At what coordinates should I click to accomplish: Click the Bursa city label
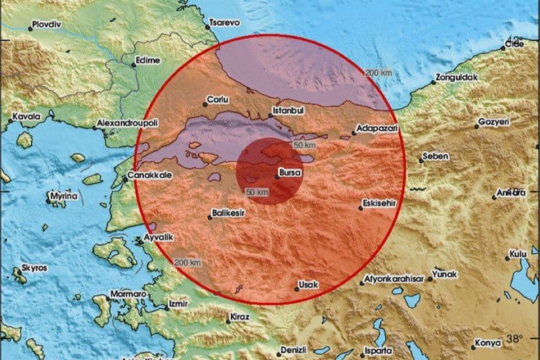click(291, 173)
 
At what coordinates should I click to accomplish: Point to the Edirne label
click(148, 60)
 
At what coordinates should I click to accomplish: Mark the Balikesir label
click(230, 215)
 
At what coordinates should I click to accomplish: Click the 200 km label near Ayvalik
click(187, 262)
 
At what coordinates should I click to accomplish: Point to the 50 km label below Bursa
click(257, 192)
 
